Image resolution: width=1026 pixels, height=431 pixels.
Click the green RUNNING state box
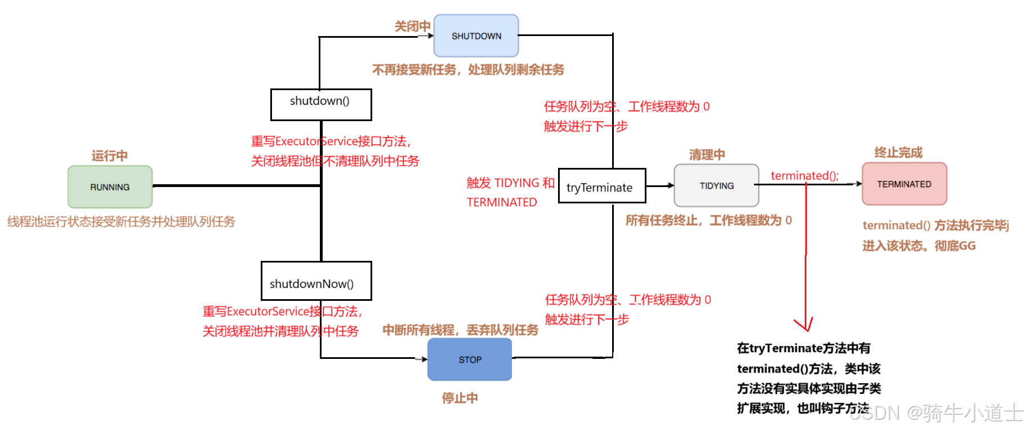pyautogui.click(x=110, y=187)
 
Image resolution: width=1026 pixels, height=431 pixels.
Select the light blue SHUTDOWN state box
pyautogui.click(x=476, y=36)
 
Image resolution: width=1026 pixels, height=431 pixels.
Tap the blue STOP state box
pyautogui.click(x=470, y=359)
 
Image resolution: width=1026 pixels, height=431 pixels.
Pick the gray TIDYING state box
pyautogui.click(x=716, y=186)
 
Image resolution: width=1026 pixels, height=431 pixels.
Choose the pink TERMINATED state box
pyautogui.click(x=904, y=184)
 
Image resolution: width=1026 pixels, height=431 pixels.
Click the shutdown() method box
pyautogui.click(x=320, y=104)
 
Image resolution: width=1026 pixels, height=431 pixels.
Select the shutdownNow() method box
pyautogui.click(x=316, y=281)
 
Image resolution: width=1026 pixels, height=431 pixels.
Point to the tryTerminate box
pyautogui.click(x=601, y=186)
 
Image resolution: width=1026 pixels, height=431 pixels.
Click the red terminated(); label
pyautogui.click(x=805, y=176)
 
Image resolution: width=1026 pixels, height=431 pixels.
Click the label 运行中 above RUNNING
pyautogui.click(x=110, y=156)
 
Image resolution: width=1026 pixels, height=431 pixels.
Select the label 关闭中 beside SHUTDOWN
pyautogui.click(x=412, y=26)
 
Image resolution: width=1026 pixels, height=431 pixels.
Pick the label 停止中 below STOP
pyautogui.click(x=460, y=398)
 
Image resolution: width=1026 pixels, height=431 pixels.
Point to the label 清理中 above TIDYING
pyautogui.click(x=707, y=155)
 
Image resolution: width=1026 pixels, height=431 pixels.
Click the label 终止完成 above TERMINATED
pyautogui.click(x=898, y=153)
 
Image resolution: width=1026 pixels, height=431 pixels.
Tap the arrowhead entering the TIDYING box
pyautogui.click(x=671, y=185)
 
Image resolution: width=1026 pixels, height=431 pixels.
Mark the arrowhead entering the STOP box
pyautogui.click(x=424, y=359)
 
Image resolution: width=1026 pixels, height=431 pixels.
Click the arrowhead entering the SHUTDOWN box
pyautogui.click(x=430, y=36)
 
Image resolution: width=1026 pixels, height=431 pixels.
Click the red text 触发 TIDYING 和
pyautogui.click(x=510, y=183)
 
